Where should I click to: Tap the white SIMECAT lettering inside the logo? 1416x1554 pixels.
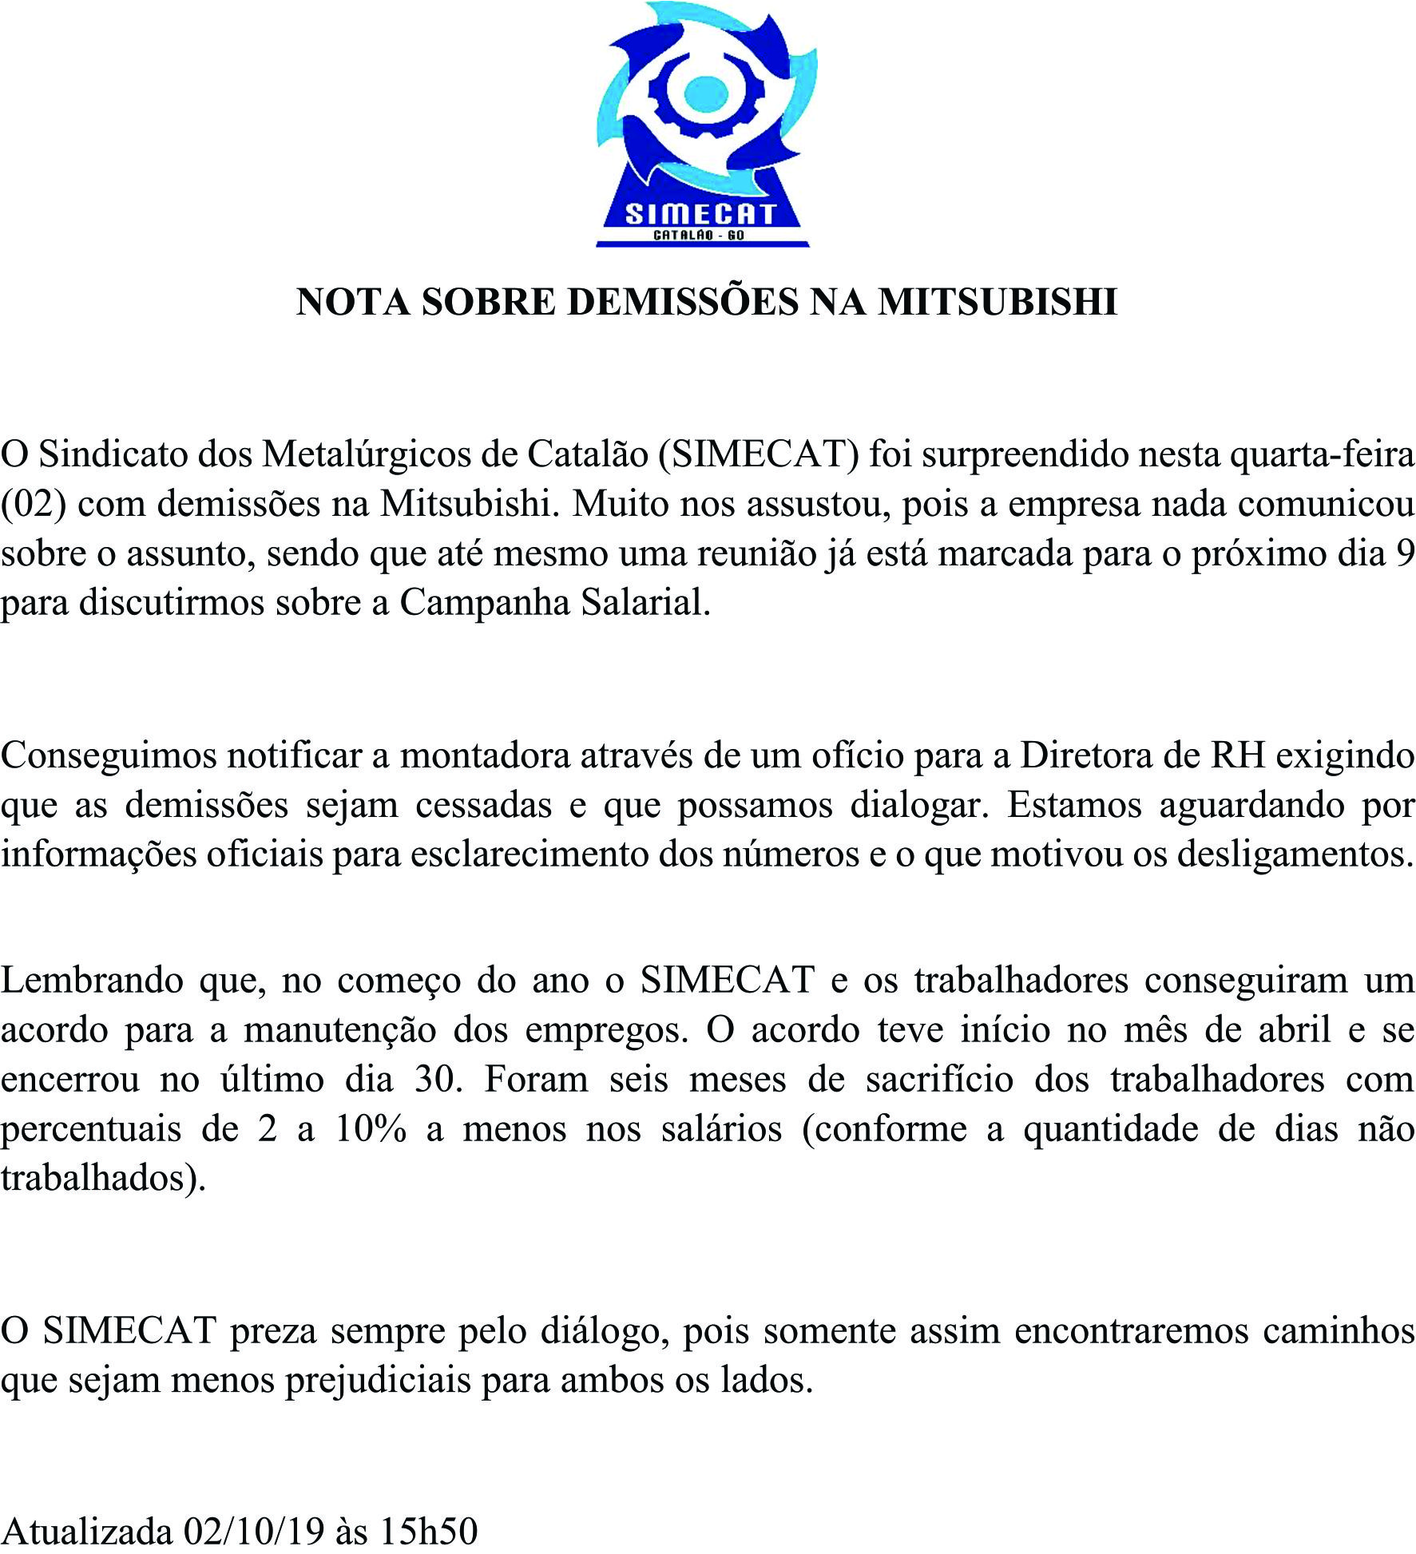pos(700,214)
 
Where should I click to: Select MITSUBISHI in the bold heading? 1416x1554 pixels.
pos(998,302)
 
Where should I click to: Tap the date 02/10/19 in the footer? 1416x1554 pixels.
pos(253,1531)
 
